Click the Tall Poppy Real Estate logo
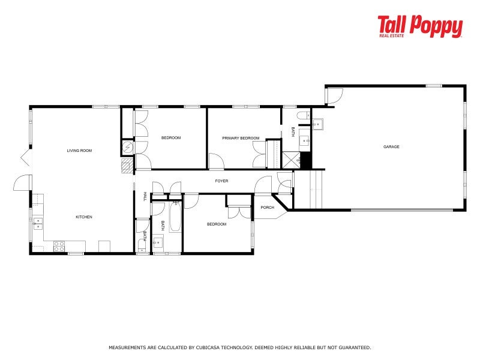[420, 27]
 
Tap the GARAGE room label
[392, 147]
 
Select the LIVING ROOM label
[79, 151]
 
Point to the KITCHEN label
[83, 217]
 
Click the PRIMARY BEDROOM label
[241, 138]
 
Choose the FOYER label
[221, 181]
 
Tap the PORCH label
[267, 208]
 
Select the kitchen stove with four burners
[59, 245]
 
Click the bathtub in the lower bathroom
[175, 217]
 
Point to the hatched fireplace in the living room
[127, 166]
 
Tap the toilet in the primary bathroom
[304, 115]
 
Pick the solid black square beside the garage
[305, 160]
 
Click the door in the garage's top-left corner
[333, 95]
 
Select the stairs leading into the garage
[307, 188]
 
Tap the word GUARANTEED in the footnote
[353, 347]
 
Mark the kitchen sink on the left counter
[38, 223]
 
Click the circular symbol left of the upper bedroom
[128, 147]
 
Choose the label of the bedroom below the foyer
[217, 224]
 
